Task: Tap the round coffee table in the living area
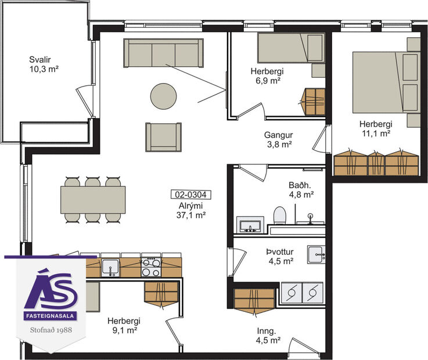[x=163, y=96]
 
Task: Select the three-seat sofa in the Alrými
[x=164, y=53]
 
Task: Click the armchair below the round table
[x=163, y=137]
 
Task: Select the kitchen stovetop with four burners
[x=151, y=267]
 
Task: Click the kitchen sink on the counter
[x=110, y=267]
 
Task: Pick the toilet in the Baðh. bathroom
[x=279, y=215]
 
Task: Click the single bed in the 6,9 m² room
[x=290, y=48]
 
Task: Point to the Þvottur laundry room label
[x=279, y=256]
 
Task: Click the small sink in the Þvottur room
[x=316, y=251]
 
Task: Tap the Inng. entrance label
[x=269, y=336]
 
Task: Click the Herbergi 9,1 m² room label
[x=123, y=325]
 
